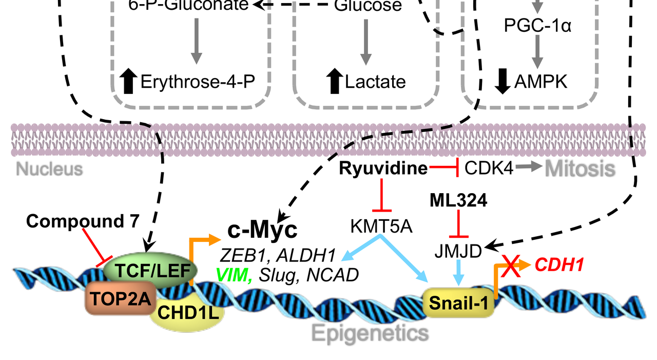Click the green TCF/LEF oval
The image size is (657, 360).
149,269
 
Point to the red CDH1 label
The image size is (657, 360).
559,265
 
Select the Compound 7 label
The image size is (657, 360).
83,221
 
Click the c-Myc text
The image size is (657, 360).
262,231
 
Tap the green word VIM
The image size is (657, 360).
234,275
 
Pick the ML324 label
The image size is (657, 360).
459,202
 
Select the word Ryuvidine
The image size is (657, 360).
383,168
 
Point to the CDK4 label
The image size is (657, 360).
489,168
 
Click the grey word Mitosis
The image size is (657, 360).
580,168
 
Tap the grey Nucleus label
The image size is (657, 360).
49,168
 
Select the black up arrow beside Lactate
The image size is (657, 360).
335,81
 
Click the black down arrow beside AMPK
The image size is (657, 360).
503,81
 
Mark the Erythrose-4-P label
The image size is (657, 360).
198,82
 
